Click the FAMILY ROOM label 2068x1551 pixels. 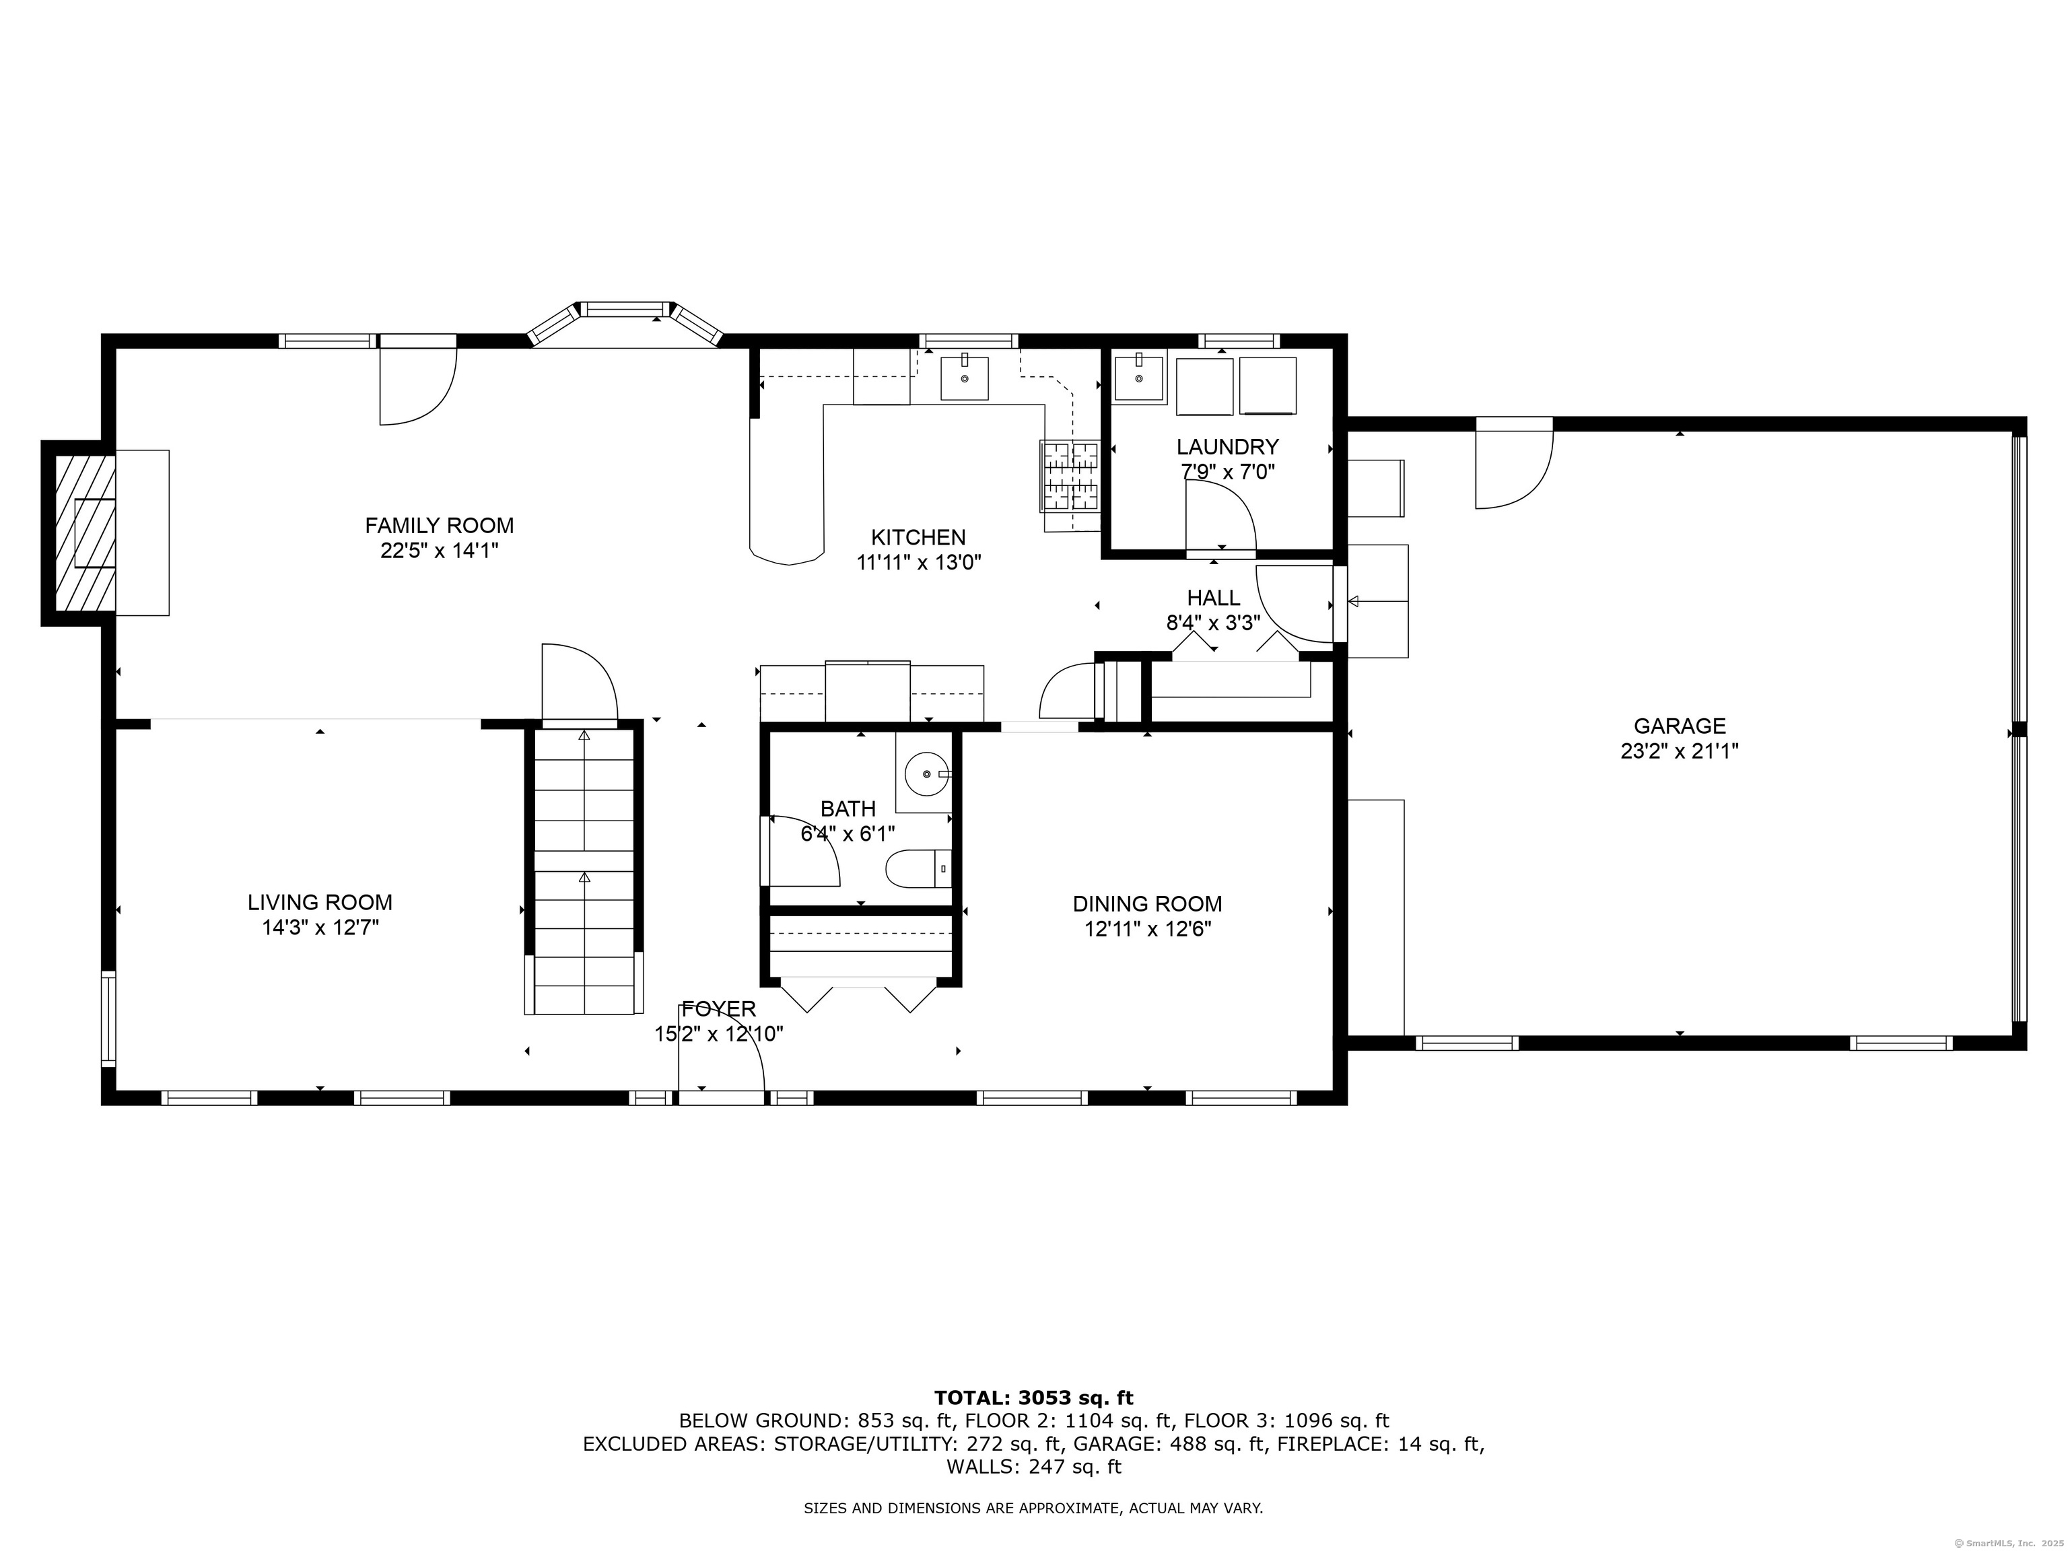(x=440, y=525)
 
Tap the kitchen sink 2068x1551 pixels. (x=964, y=378)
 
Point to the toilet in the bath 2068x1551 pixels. (x=918, y=868)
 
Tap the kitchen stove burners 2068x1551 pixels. (x=1070, y=477)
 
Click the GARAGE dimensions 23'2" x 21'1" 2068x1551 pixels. (x=1679, y=751)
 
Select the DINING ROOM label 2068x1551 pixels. (x=1147, y=904)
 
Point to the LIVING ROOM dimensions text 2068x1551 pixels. (x=320, y=928)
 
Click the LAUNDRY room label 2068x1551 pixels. (x=1227, y=447)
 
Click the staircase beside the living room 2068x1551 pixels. (x=584, y=870)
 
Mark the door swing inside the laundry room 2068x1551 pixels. (x=1221, y=519)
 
